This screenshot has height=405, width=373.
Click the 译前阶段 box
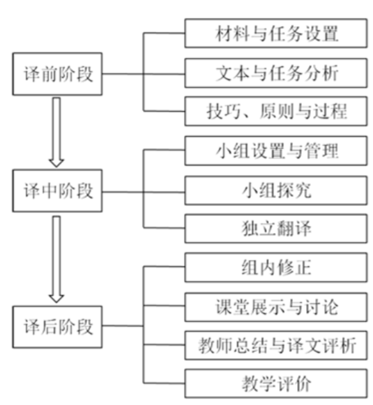57,74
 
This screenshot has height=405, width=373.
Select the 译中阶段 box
57,190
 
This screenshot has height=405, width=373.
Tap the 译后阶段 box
57,326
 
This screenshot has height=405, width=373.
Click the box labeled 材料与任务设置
276,33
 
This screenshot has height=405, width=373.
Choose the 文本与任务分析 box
276,73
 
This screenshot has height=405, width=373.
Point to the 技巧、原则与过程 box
276,111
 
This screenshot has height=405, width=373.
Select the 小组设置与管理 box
276,151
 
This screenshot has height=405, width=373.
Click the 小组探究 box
276,190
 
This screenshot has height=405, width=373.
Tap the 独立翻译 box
276,229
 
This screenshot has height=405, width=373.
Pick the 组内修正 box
276,268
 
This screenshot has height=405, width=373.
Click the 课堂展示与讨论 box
276,307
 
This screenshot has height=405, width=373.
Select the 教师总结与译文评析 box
276,346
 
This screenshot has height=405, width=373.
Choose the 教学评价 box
276,383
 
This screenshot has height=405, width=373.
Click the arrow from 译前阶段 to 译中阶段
57,132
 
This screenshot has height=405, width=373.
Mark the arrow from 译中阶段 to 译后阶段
57,259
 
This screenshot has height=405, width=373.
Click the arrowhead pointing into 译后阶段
57,298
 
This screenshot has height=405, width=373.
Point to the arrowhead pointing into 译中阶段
57,164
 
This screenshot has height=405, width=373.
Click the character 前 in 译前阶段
50,74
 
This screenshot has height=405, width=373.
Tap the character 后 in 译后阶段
50,326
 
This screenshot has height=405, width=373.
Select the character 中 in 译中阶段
50,191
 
